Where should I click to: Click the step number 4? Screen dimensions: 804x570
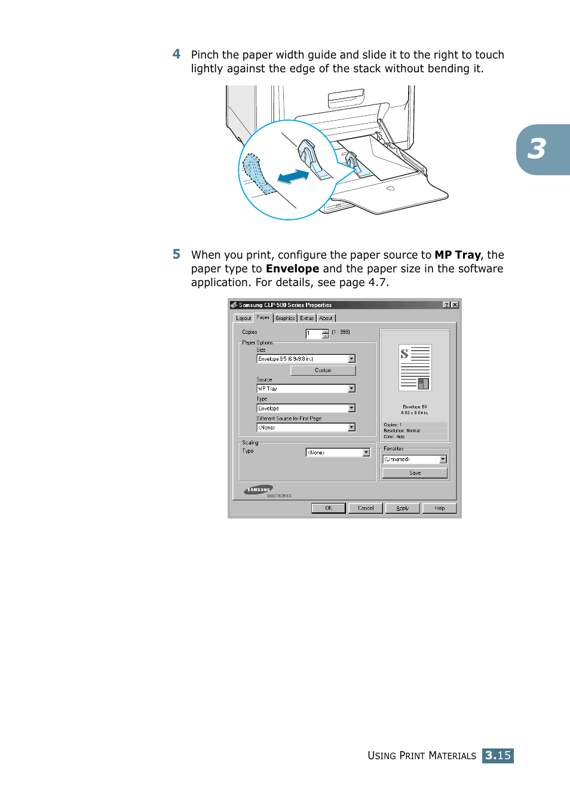click(176, 54)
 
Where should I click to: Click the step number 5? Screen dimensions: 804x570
click(176, 254)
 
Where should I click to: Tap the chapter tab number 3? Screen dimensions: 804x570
click(537, 149)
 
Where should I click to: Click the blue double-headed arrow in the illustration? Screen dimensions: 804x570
click(293, 176)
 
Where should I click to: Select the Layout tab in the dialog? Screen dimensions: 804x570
click(243, 318)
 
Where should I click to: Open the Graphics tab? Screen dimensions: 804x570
click(285, 318)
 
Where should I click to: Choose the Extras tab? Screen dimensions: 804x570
click(307, 318)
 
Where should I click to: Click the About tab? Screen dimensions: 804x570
click(326, 318)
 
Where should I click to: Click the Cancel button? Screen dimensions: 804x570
click(366, 508)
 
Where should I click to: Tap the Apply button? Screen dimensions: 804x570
click(403, 508)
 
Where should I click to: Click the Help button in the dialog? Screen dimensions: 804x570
click(439, 508)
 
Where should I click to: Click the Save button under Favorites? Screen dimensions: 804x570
click(415, 473)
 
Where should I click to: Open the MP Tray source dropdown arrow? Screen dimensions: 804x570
click(351, 388)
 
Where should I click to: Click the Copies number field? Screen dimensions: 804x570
click(314, 334)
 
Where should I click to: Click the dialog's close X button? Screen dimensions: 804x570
click(455, 305)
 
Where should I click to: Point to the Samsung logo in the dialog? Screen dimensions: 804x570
click(259, 490)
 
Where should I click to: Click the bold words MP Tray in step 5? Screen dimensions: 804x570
click(457, 255)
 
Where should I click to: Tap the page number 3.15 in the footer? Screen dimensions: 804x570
click(498, 756)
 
